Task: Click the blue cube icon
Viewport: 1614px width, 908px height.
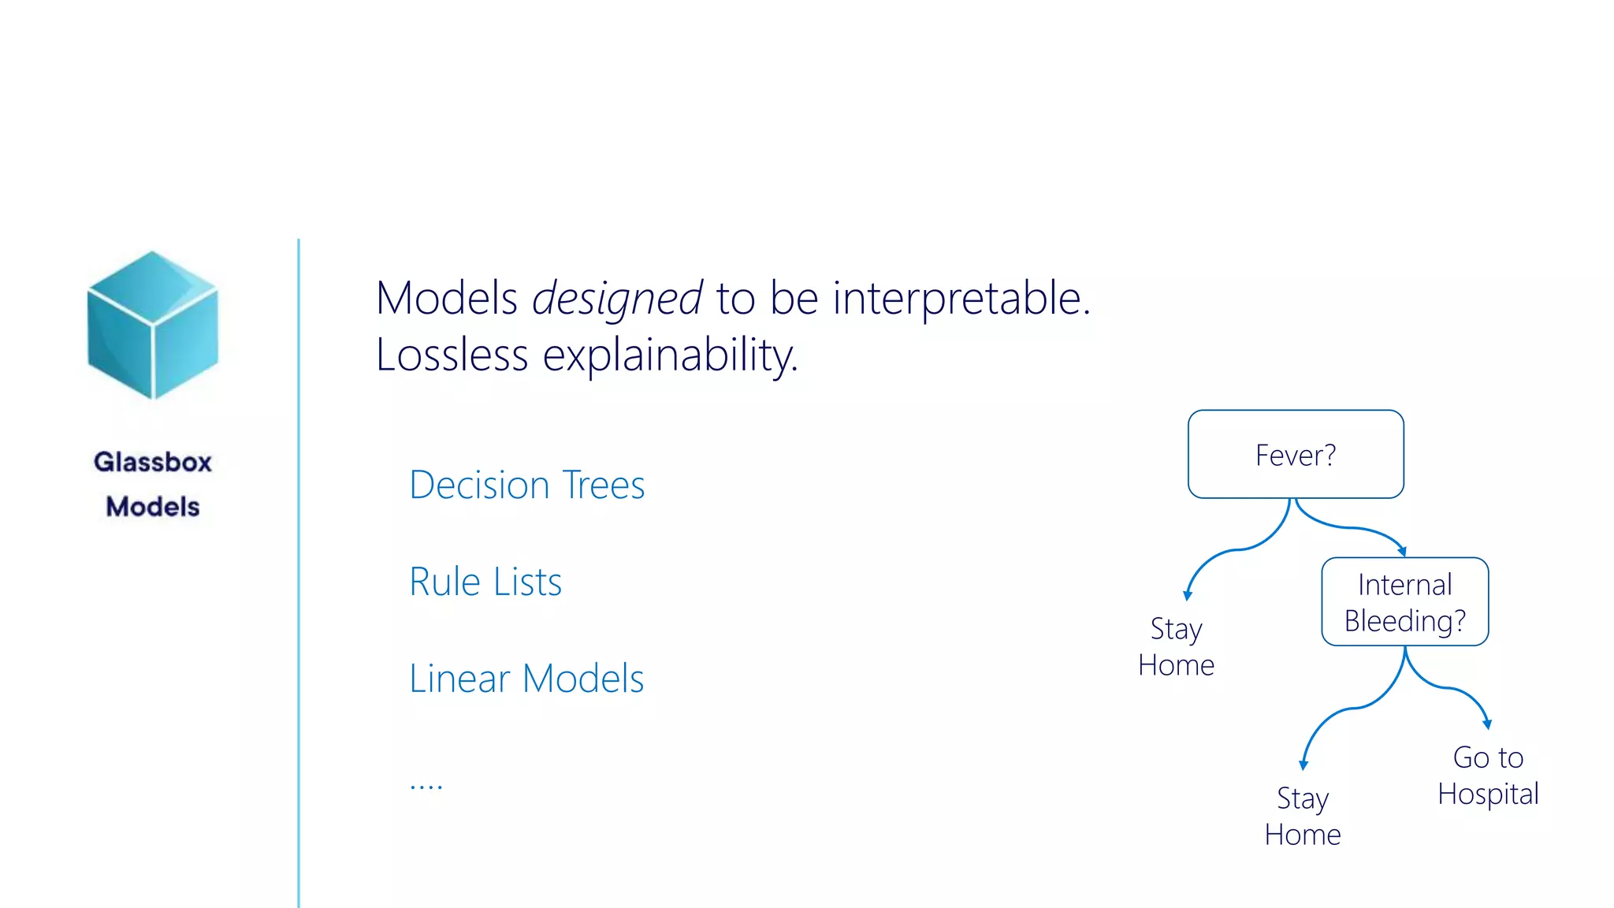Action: pos(153,325)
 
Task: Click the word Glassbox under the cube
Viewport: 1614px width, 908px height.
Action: pos(153,462)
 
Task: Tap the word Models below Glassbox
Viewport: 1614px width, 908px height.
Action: pos(153,507)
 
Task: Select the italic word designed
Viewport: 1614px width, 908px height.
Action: pos(616,300)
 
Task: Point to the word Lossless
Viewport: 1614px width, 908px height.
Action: pos(452,355)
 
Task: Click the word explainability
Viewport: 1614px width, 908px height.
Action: pos(670,355)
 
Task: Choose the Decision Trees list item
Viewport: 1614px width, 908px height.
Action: pos(526,485)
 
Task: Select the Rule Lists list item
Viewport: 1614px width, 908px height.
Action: pos(485,582)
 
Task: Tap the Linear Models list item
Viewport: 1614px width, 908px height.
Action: pos(526,679)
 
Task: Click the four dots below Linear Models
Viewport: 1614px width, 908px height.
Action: pos(426,786)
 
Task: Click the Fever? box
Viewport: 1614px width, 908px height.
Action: pos(1296,455)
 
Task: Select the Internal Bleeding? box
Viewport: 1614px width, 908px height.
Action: pos(1404,602)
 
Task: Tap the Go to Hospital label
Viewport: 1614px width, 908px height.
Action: pos(1488,776)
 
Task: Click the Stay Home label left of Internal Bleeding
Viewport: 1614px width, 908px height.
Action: pos(1176,647)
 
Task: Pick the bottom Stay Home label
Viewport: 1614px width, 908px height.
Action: pos(1303,817)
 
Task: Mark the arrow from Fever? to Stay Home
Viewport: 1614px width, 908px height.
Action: pos(1237,549)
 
